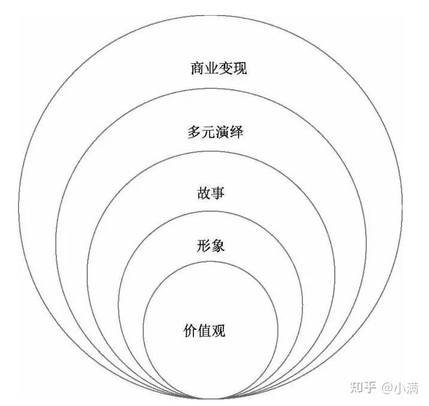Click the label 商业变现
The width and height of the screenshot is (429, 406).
coord(219,69)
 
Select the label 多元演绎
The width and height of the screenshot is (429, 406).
coord(215,132)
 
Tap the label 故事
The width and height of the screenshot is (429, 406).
coord(211,193)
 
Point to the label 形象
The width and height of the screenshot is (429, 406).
coord(211,246)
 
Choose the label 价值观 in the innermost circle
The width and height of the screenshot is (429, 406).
coord(204,330)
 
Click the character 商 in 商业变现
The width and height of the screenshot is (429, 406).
coord(198,69)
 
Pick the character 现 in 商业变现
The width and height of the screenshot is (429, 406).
coord(240,69)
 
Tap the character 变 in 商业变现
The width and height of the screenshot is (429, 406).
coord(226,69)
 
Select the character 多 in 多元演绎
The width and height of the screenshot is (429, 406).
coord(194,132)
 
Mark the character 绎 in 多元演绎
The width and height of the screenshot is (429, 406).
coord(236,132)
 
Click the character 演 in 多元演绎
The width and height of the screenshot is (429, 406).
coord(222,132)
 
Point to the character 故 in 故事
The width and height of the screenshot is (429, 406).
coord(204,193)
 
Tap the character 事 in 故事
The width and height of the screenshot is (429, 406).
coord(218,193)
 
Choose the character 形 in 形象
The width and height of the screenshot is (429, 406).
coord(204,246)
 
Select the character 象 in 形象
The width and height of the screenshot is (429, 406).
coord(218,246)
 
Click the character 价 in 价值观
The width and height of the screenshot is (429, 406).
coord(190,330)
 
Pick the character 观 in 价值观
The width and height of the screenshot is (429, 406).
coord(219,330)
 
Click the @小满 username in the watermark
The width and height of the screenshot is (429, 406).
coord(400,387)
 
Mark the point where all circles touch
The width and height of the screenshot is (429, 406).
coord(210,398)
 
